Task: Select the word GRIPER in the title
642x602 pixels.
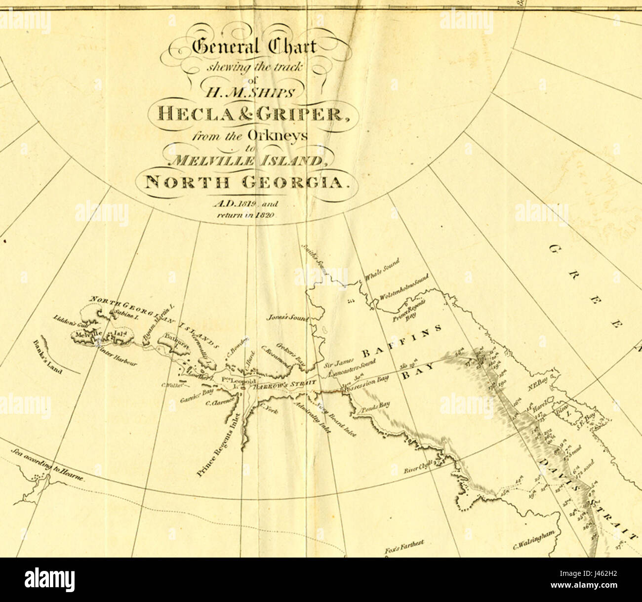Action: [x=303, y=115]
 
